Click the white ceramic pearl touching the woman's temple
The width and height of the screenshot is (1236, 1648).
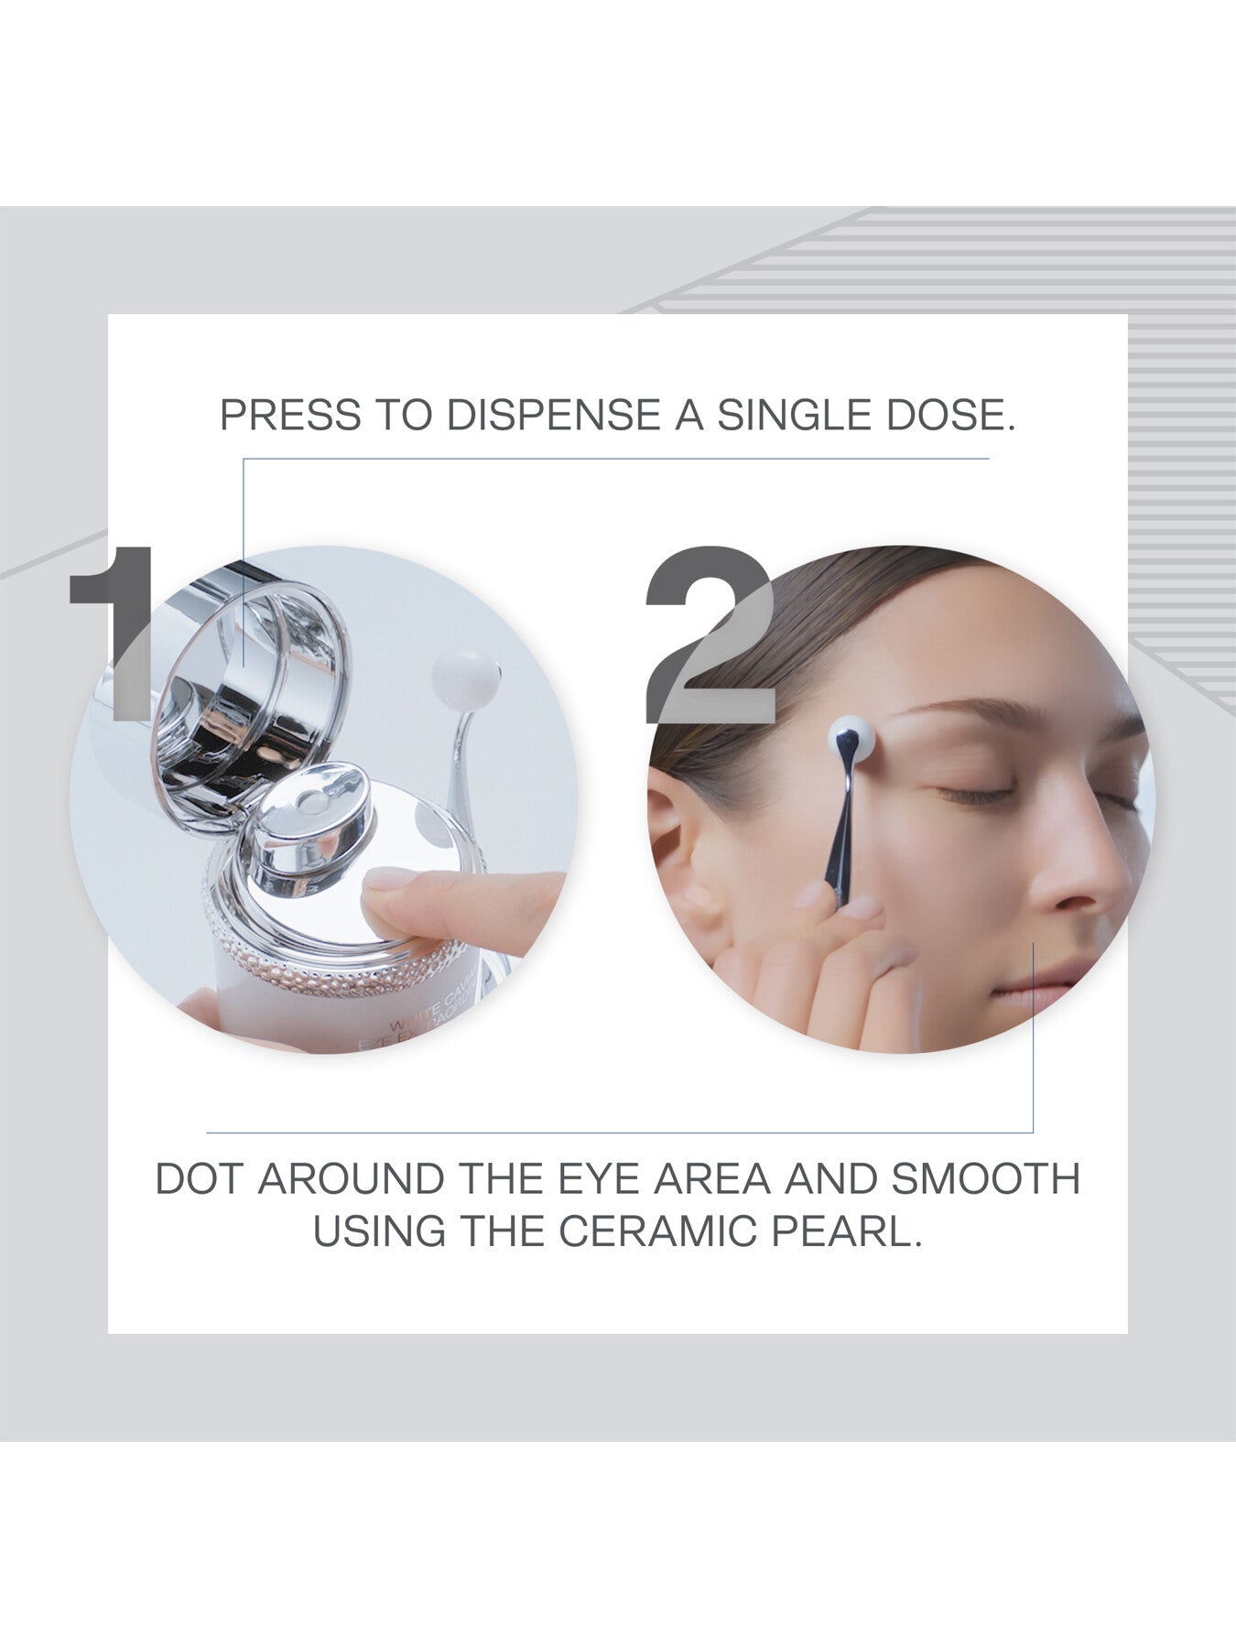(x=851, y=736)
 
